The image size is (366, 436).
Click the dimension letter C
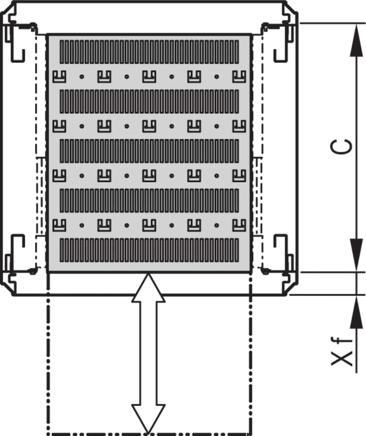click(341, 147)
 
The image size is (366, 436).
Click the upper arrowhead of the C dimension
click(356, 40)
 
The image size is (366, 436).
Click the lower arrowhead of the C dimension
click(356, 255)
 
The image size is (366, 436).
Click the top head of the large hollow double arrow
click(148, 288)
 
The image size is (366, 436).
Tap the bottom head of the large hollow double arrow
click(148, 419)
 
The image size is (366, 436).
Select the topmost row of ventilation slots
click(149, 52)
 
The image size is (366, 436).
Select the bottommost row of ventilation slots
click(149, 250)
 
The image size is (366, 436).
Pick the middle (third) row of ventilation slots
click(149, 151)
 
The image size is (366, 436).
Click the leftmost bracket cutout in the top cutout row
click(59, 77)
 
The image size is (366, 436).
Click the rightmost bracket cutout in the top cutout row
click(239, 77)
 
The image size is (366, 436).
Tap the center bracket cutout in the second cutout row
click(149, 126)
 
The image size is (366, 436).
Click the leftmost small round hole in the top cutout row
click(82, 77)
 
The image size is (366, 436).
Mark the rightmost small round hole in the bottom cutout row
click(217, 225)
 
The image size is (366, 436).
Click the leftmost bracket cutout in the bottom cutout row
click(59, 225)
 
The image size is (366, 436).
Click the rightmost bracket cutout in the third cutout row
click(239, 176)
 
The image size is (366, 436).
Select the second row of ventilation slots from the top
click(149, 101)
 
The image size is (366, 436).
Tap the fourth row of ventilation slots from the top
click(149, 201)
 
